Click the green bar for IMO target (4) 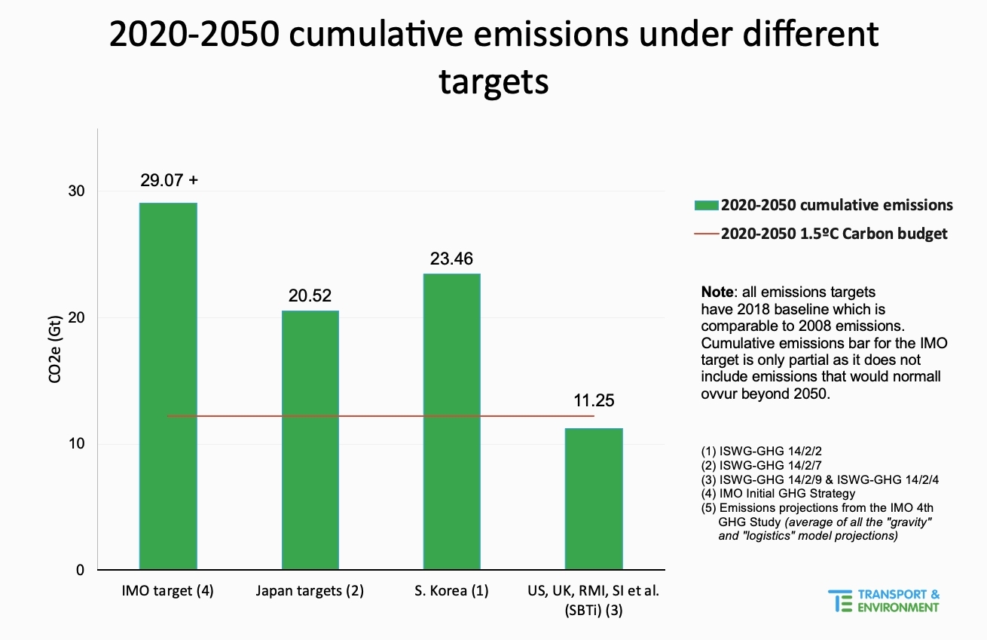click(168, 386)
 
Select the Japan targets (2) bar click(310, 440)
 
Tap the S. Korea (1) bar click(452, 421)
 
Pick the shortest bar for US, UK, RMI click(594, 498)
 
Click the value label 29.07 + click(170, 180)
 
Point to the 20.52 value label click(310, 296)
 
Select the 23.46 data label click(451, 259)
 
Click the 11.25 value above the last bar click(594, 401)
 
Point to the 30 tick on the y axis click(76, 191)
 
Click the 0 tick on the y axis click(80, 570)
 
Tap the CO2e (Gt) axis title click(54, 350)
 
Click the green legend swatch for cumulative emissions click(706, 205)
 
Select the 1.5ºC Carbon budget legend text click(833, 234)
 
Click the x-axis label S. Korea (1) click(451, 591)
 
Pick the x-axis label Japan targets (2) click(310, 591)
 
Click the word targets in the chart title click(494, 82)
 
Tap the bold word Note click(717, 292)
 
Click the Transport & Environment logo click(884, 602)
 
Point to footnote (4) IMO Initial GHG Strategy click(778, 493)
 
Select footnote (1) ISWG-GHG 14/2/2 click(762, 451)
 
